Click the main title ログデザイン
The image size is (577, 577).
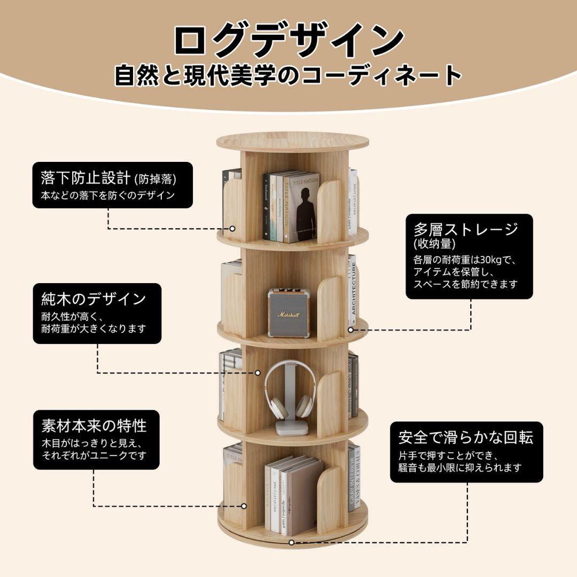[288, 41]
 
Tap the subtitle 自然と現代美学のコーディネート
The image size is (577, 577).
[288, 75]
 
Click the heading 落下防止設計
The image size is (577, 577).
[85, 177]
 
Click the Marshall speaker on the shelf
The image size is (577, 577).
[288, 313]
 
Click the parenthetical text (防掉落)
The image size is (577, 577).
[155, 178]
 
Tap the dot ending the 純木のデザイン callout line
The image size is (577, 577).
[258, 372]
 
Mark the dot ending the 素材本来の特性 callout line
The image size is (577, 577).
[244, 505]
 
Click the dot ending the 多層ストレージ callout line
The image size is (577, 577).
[351, 330]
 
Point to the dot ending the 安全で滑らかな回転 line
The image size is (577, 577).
[291, 542]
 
